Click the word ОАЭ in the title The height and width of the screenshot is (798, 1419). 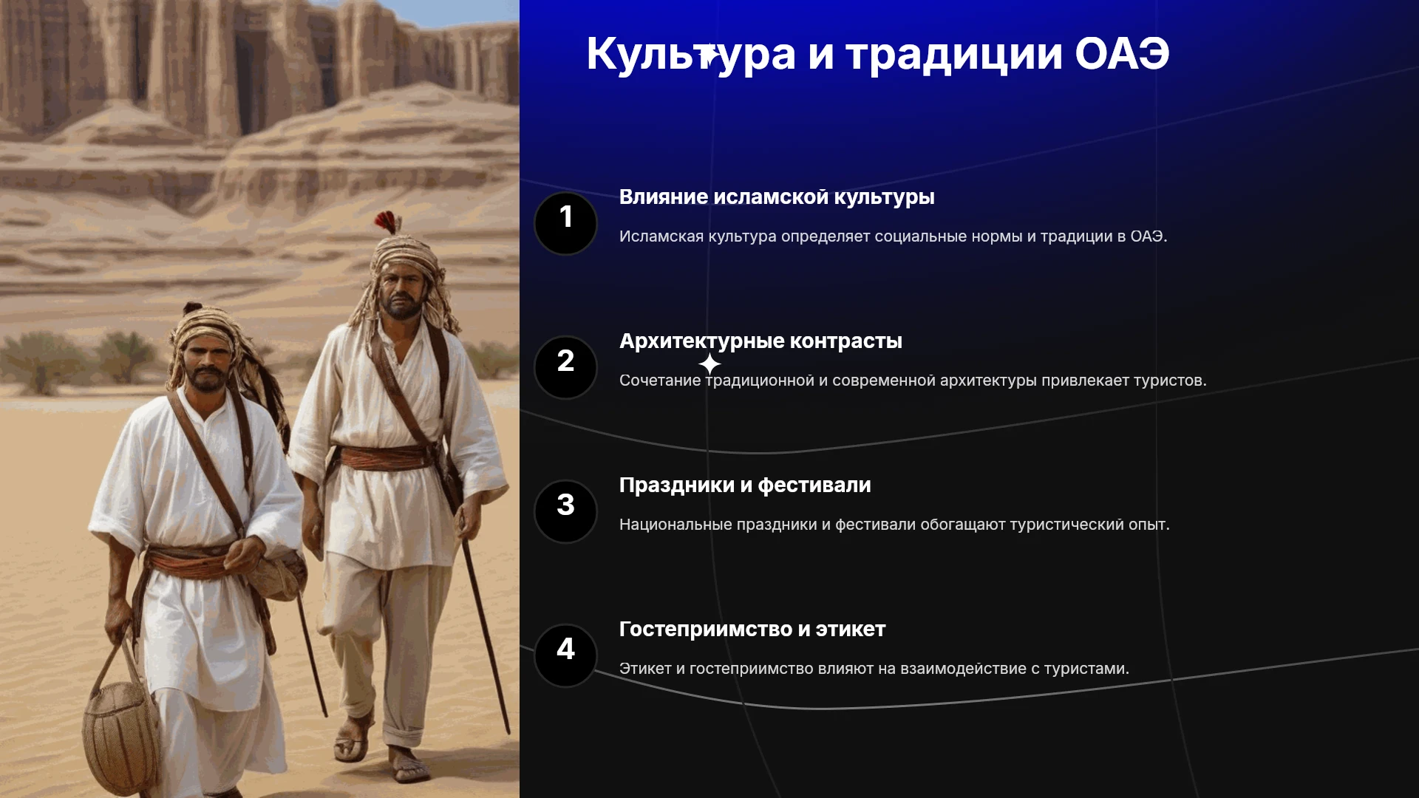tap(1122, 53)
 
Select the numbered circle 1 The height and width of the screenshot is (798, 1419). tap(565, 223)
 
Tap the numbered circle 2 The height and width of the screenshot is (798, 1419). tap(565, 367)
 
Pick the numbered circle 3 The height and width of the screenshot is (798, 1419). tap(565, 511)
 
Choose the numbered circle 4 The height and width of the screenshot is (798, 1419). tap(565, 655)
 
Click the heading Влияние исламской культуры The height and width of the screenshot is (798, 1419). tap(777, 197)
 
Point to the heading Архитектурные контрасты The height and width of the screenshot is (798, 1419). tap(760, 341)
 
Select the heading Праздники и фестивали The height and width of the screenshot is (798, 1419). tap(745, 485)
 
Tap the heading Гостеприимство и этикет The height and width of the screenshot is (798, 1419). tap(752, 630)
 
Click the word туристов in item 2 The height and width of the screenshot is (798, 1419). tap(1170, 381)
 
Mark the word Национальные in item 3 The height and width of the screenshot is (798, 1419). tap(676, 525)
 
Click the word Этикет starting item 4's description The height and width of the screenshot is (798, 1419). tap(645, 669)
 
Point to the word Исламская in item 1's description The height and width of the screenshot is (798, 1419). tap(661, 236)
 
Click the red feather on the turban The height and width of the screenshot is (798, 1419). tap(387, 222)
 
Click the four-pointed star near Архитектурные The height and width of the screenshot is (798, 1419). tap(709, 364)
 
